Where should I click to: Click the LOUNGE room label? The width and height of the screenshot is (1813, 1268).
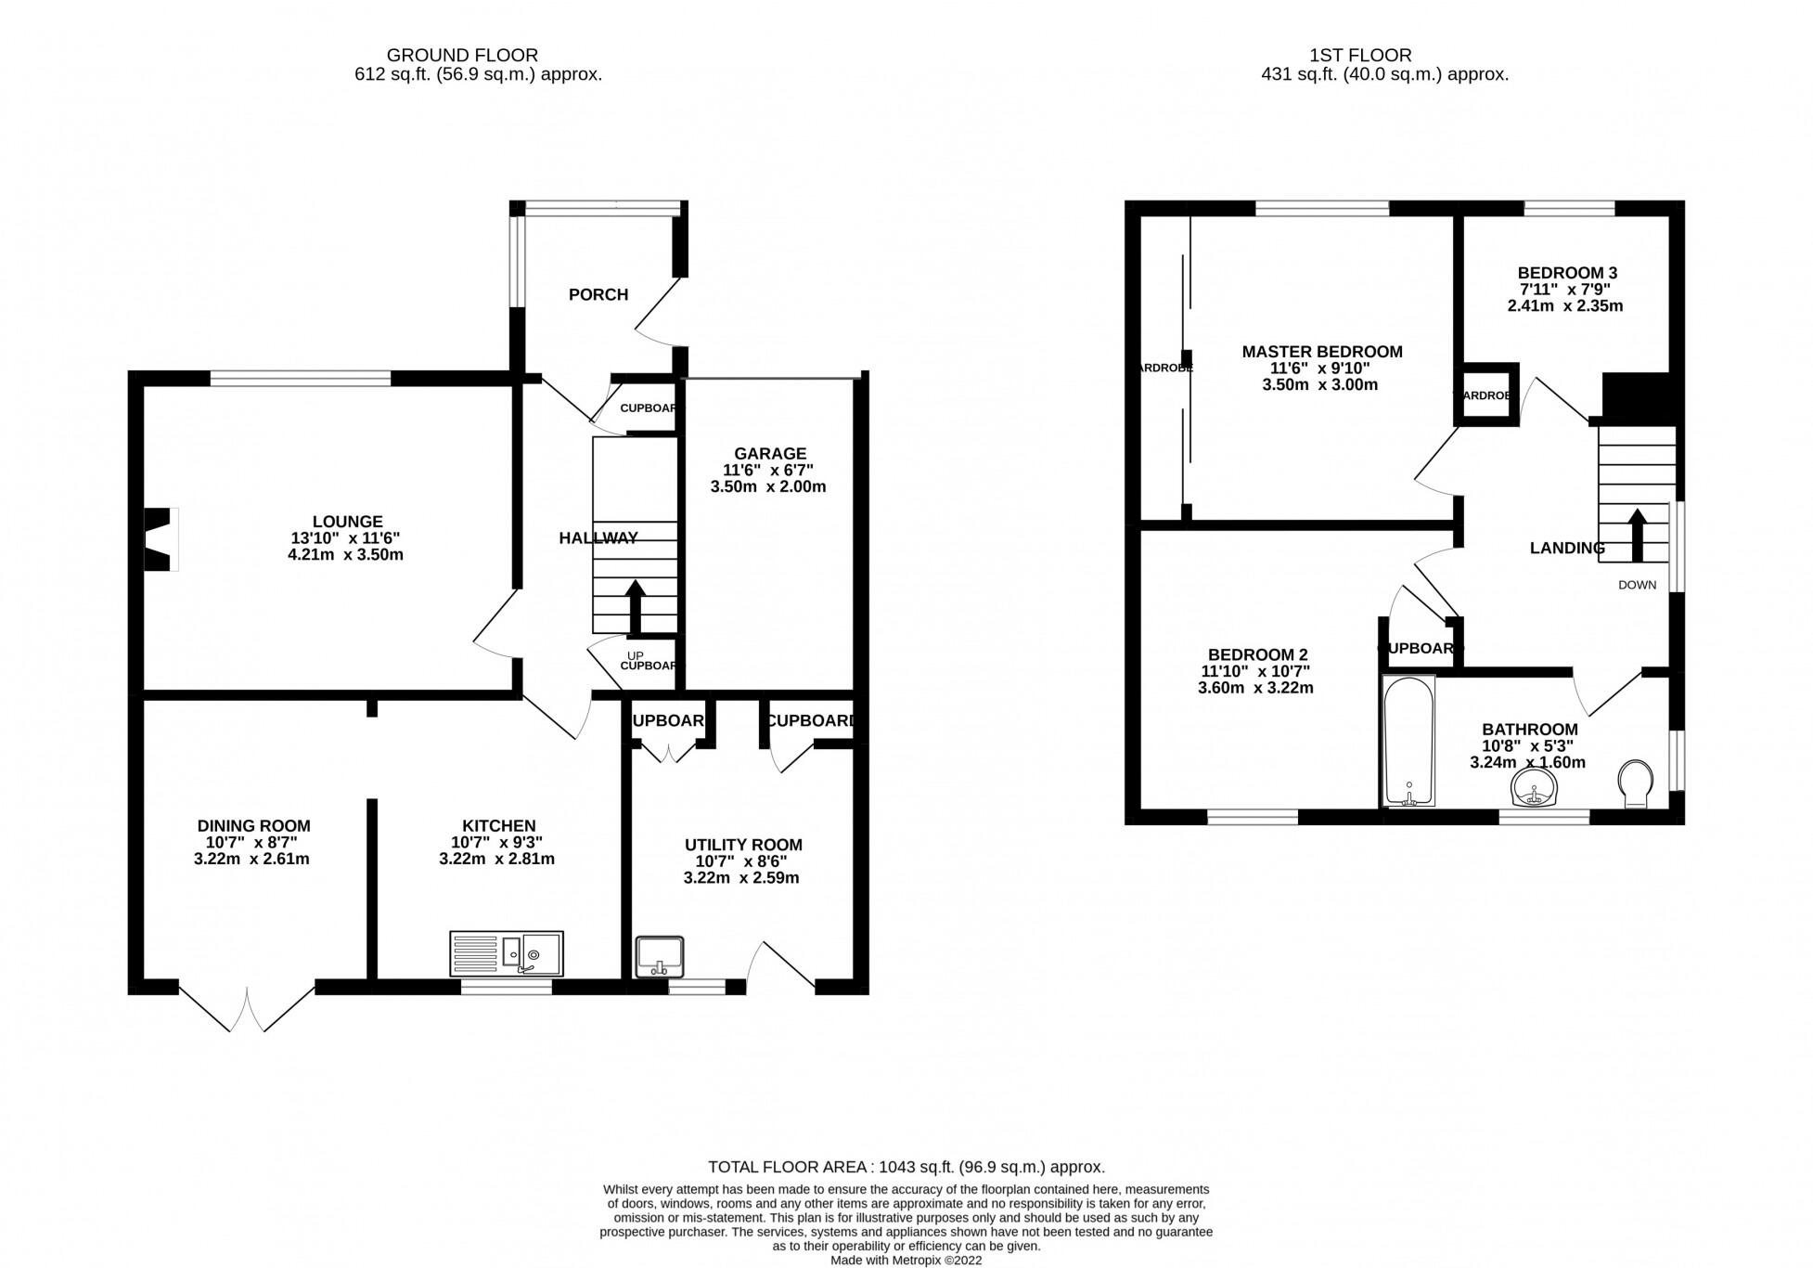(x=347, y=522)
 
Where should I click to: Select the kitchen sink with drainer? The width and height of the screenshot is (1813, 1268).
(x=506, y=953)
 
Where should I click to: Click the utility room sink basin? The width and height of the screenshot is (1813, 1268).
(x=660, y=956)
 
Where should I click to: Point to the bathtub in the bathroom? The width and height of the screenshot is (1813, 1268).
(x=1408, y=741)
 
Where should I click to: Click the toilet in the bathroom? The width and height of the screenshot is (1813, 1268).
(x=1635, y=783)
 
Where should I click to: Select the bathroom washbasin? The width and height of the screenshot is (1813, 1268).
(x=1536, y=789)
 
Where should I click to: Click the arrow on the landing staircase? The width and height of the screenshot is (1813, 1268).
(x=1637, y=535)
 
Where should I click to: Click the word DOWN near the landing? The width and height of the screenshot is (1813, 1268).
(x=1637, y=585)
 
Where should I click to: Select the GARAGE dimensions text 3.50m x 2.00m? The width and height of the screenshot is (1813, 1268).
(x=768, y=486)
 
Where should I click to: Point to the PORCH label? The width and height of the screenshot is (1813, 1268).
(x=598, y=294)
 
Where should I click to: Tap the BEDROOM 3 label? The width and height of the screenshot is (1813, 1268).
(x=1567, y=273)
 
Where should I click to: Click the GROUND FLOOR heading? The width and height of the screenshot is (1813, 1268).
(x=462, y=56)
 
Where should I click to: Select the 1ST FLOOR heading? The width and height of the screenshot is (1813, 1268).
(x=1385, y=56)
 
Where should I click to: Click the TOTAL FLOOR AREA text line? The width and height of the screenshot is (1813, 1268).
(x=906, y=1167)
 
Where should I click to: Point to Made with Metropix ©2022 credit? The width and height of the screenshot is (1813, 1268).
(x=906, y=1260)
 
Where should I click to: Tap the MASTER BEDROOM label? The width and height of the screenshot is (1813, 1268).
(x=1321, y=352)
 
